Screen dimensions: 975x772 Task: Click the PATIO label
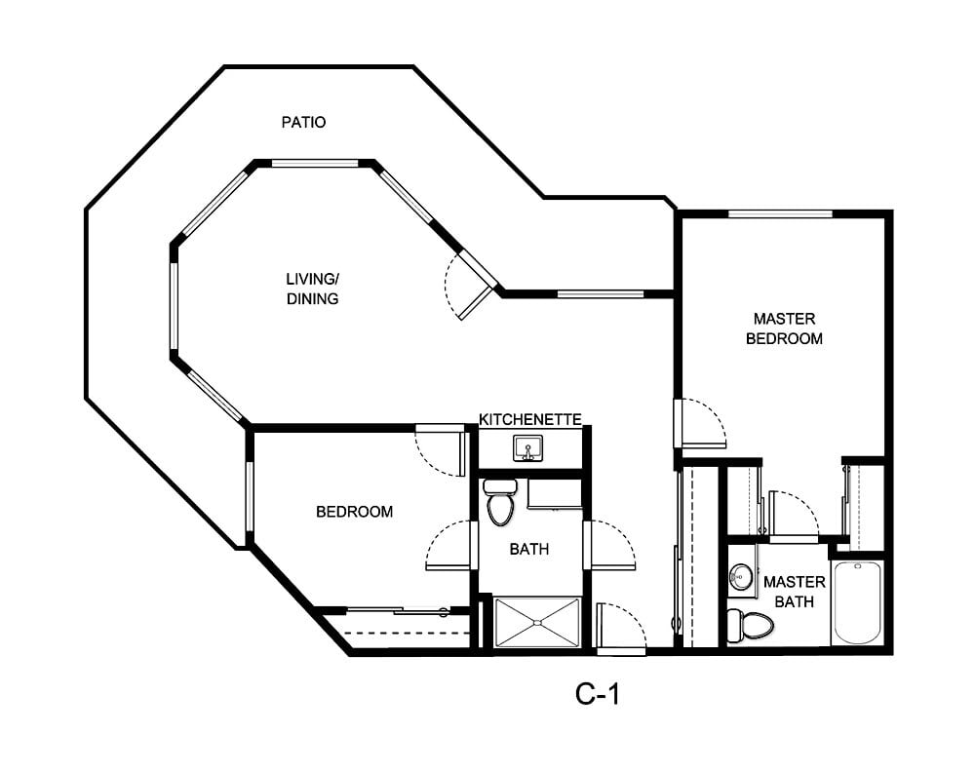303,122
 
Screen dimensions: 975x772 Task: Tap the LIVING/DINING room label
312,289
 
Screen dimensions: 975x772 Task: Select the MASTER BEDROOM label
784,328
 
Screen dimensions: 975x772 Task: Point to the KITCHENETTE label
529,419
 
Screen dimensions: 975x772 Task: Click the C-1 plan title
598,694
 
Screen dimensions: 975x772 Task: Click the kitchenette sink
527,448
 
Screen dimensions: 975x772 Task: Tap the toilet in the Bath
500,502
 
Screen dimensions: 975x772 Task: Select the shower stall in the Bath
537,622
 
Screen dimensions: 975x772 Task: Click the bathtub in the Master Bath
857,602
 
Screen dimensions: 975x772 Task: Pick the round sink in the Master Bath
741,576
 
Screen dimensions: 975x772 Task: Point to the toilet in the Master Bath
750,626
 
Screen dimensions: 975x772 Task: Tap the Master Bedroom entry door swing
700,423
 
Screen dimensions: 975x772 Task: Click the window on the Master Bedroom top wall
780,213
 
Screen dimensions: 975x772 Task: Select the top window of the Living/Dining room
315,164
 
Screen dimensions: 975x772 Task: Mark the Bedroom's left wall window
250,497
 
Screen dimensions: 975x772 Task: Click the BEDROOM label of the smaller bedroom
355,512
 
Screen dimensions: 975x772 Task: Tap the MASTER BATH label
794,592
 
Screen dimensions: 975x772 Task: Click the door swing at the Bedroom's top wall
441,450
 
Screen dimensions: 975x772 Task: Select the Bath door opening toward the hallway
609,545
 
